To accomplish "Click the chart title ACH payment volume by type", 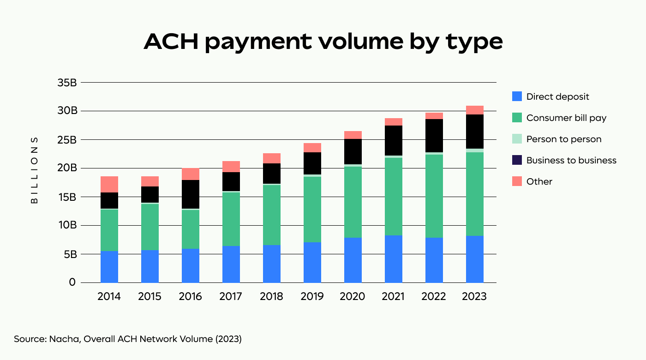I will click(x=323, y=42).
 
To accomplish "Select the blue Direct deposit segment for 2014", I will click(x=109, y=267).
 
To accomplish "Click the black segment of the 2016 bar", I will click(x=190, y=194).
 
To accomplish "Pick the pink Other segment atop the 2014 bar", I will click(x=109, y=184).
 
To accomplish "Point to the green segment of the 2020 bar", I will click(x=353, y=202).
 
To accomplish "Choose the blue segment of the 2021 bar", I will click(x=393, y=259).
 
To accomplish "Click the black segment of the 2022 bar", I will click(x=434, y=136).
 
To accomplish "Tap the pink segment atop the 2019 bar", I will click(x=312, y=148).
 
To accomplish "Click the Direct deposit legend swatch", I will click(x=517, y=96).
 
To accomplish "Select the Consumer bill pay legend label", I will click(x=566, y=118).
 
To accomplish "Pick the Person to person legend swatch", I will click(x=517, y=139).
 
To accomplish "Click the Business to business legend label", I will click(x=571, y=160).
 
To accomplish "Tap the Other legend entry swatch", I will click(x=517, y=181).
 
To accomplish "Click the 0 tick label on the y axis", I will click(x=72, y=282).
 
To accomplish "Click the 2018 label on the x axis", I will click(x=271, y=296).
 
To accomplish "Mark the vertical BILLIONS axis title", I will click(x=35, y=170).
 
